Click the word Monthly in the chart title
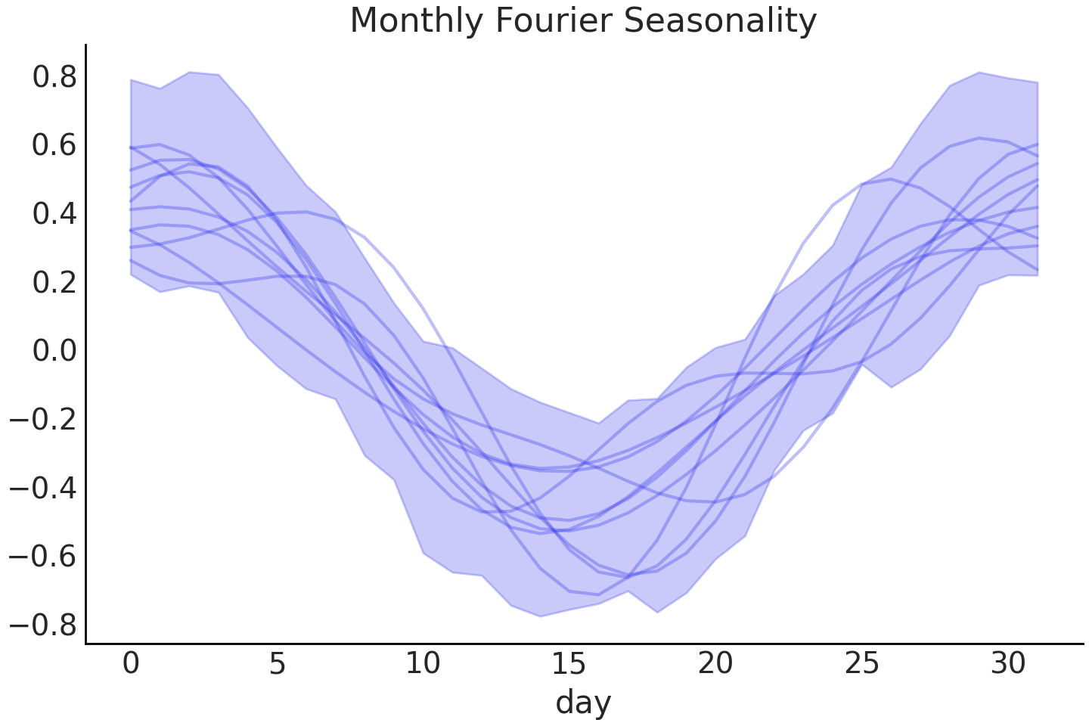pyautogui.click(x=417, y=21)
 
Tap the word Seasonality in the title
pyautogui.click(x=720, y=21)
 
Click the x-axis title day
pyautogui.click(x=583, y=703)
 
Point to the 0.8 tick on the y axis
pyautogui.click(x=54, y=77)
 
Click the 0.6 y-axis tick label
pyautogui.click(x=54, y=145)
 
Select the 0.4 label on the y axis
pyautogui.click(x=54, y=214)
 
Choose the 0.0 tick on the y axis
pyautogui.click(x=54, y=351)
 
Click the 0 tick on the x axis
pyautogui.click(x=131, y=663)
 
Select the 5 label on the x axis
pyautogui.click(x=277, y=663)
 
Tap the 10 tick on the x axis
pyautogui.click(x=423, y=663)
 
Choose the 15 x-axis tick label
pyautogui.click(x=569, y=663)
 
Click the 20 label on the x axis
pyautogui.click(x=715, y=663)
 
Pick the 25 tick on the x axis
pyautogui.click(x=861, y=663)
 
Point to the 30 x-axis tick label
pyautogui.click(x=1007, y=663)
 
